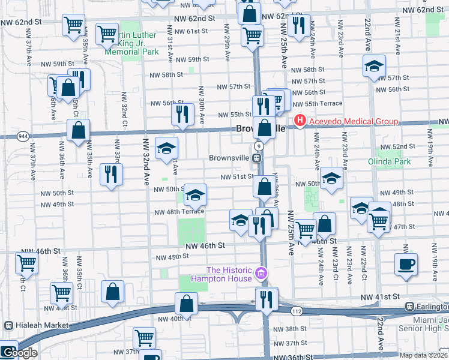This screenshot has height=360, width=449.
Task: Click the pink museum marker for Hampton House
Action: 261,274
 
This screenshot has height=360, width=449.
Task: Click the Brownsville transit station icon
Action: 256,158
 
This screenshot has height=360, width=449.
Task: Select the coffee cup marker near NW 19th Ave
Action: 406,264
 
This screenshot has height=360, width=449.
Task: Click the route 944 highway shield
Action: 23,137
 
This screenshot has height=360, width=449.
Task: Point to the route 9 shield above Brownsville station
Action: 258,146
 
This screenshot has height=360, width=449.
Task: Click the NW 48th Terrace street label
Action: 179,212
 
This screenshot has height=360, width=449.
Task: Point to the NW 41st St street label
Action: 380,297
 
